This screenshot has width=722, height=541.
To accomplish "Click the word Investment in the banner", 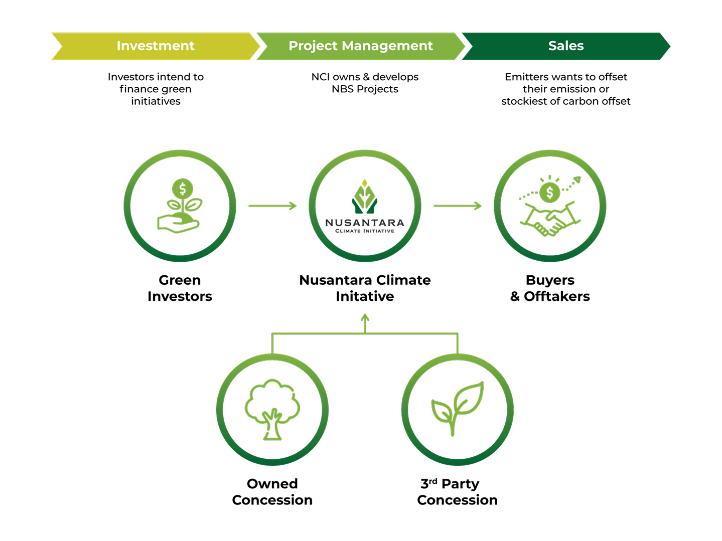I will (155, 46).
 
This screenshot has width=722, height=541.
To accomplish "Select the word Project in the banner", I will (313, 46).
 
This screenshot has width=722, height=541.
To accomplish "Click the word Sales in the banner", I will (565, 46).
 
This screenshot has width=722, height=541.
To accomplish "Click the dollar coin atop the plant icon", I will (183, 189).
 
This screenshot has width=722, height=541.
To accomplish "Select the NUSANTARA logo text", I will (365, 223).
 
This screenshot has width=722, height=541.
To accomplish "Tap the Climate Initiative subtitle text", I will (365, 231).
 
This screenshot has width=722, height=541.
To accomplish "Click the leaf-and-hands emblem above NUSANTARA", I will (365, 197).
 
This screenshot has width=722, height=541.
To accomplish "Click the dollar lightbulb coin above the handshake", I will (550, 192).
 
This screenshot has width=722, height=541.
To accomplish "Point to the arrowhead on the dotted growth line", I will (577, 179).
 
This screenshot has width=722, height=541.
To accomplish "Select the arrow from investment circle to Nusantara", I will (272, 206).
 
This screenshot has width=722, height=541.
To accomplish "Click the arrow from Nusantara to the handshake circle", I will (457, 206).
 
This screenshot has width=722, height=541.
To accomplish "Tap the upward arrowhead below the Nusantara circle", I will (365, 317).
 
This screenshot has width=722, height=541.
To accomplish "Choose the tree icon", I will (272, 409).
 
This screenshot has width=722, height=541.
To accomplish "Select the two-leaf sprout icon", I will (457, 408).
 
